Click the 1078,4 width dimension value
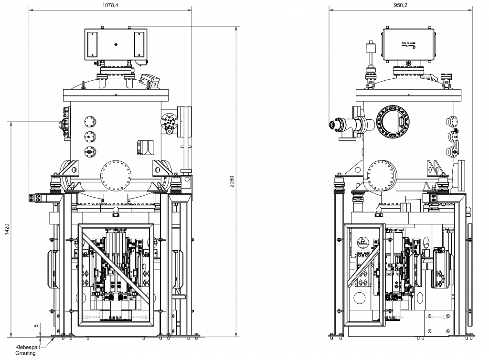110,5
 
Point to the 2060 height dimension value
232,181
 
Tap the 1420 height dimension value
6,229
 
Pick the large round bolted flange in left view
116,175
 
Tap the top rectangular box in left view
116,45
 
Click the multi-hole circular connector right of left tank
168,122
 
